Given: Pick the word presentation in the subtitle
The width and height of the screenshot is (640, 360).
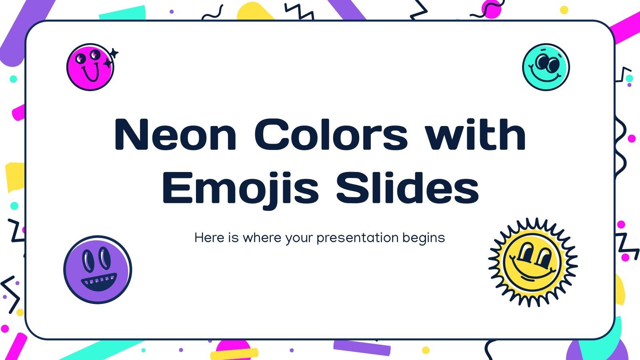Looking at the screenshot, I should (358, 238).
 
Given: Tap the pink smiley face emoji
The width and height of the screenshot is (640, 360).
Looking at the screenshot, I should (90, 67).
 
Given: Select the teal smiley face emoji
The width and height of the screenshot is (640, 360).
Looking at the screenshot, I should (546, 67).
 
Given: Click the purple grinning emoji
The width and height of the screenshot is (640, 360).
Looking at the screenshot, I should (98, 269).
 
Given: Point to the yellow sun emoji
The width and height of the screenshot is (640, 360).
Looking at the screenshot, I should (532, 262).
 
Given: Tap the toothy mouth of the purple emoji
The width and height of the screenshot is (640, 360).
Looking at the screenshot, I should (98, 280).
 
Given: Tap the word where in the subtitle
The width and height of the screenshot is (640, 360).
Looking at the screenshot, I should (262, 238).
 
